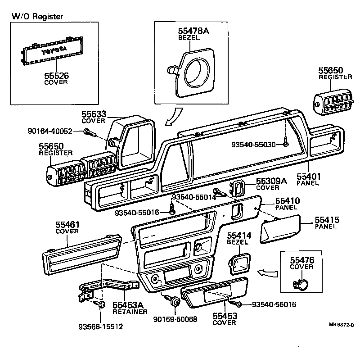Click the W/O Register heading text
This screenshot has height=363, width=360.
[x=37, y=17]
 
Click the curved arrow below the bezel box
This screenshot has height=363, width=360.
[x=171, y=118]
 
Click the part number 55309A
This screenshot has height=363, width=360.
[x=271, y=181]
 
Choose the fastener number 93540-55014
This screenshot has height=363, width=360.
[x=193, y=197]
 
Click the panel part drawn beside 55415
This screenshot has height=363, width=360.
[x=282, y=229]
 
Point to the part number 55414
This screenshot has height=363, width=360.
[x=239, y=236]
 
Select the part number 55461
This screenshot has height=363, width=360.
[x=67, y=224]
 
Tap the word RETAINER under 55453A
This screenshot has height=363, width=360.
[x=130, y=312]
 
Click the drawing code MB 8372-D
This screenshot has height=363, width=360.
[x=341, y=325]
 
